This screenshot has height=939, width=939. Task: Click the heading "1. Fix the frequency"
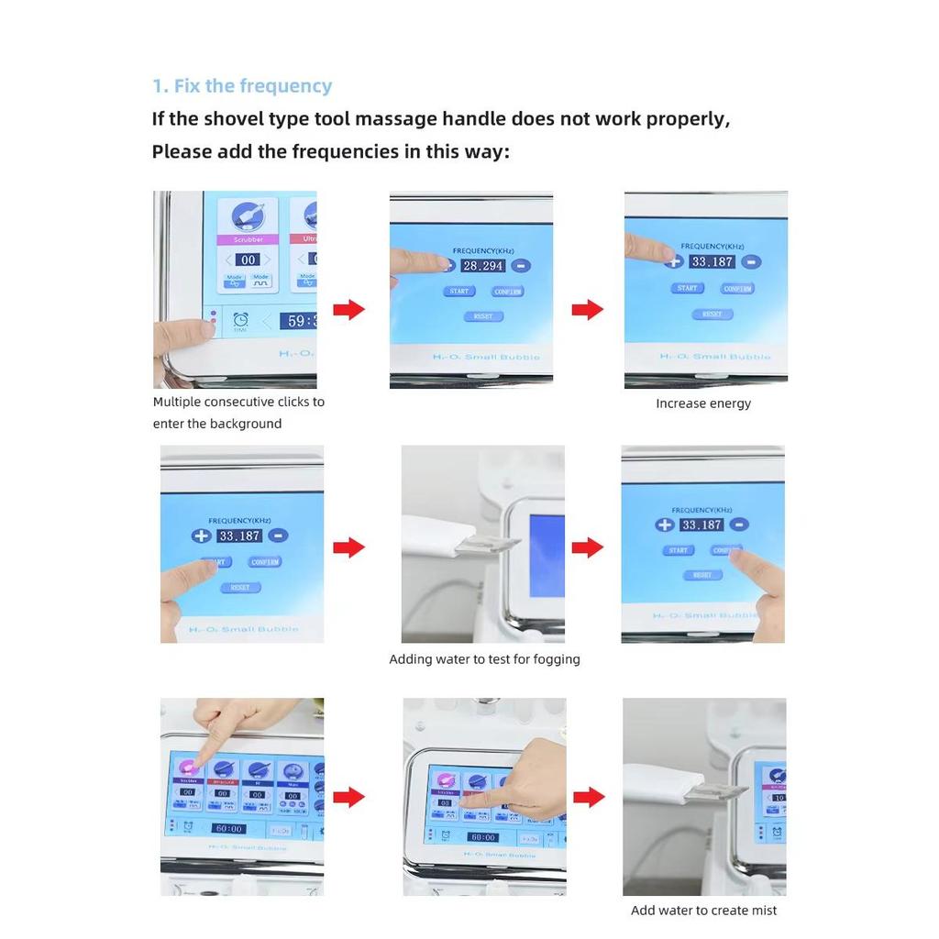click(241, 86)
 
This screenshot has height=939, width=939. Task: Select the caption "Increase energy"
click(703, 403)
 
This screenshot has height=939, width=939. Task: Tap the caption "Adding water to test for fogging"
click(484, 659)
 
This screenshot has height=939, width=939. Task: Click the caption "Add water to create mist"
click(703, 911)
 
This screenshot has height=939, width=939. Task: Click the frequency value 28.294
click(482, 266)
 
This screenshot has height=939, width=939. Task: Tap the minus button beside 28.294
click(520, 266)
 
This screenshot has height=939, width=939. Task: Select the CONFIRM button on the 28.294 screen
click(507, 292)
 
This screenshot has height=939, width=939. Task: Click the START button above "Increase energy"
click(687, 288)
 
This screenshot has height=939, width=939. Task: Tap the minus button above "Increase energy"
click(751, 261)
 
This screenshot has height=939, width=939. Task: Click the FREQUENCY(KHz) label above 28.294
click(483, 249)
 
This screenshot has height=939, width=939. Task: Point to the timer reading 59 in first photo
click(299, 321)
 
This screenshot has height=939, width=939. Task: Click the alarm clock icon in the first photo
click(240, 320)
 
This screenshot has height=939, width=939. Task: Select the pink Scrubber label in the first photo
click(248, 239)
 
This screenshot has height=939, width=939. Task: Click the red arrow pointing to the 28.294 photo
click(348, 310)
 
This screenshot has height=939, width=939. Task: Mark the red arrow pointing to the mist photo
click(588, 797)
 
